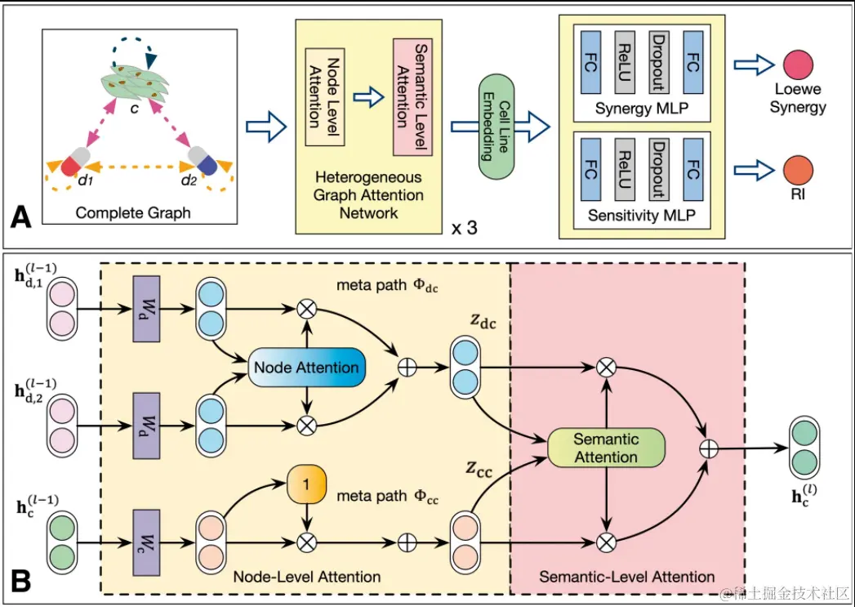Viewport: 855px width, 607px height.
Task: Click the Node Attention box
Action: click(307, 368)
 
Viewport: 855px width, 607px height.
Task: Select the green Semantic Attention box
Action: click(606, 447)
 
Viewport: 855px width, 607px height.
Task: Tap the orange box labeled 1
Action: click(305, 484)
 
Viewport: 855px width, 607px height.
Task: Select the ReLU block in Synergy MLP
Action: click(626, 62)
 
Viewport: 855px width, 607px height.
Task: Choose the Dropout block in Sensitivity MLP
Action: click(659, 168)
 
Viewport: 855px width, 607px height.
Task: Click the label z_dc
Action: click(482, 323)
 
